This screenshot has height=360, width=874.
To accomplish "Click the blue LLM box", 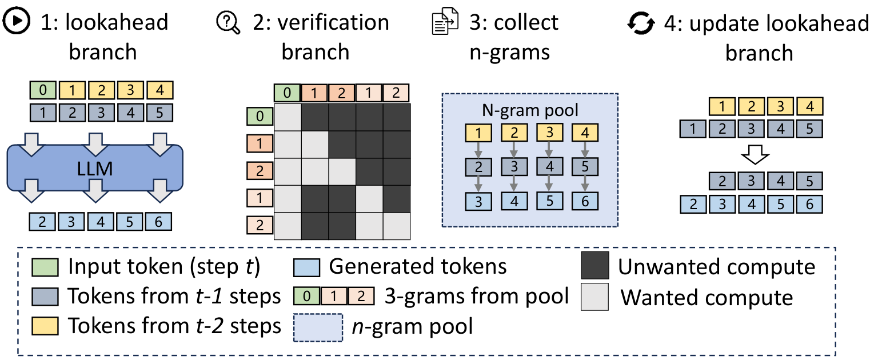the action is [x=95, y=168].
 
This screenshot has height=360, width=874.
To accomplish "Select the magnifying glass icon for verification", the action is [x=228, y=23].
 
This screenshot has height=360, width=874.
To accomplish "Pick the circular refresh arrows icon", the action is [x=641, y=23].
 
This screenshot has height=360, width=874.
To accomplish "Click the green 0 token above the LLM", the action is [x=43, y=90].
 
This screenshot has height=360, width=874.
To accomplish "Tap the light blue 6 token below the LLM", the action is [x=158, y=222].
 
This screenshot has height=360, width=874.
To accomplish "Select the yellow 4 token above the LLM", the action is [x=160, y=90].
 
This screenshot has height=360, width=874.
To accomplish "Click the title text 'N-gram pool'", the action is [x=530, y=110].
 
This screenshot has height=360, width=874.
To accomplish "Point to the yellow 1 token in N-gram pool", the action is [x=478, y=133].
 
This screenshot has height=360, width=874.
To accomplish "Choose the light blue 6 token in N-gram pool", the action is [x=585, y=201].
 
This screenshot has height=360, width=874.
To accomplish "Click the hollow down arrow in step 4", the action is [x=755, y=155].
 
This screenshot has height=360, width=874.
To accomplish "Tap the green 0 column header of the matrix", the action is [x=287, y=93].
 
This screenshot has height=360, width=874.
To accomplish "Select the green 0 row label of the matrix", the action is [x=260, y=116].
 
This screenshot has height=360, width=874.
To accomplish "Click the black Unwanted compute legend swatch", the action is [x=595, y=265].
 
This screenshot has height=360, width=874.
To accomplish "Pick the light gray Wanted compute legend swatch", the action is [x=594, y=297].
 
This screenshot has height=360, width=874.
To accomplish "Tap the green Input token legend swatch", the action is [x=45, y=267].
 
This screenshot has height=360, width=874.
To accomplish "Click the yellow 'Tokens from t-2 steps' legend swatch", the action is [x=45, y=326].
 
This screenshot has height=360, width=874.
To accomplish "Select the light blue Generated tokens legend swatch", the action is [x=307, y=267].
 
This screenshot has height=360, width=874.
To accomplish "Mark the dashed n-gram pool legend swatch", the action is [x=318, y=327].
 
